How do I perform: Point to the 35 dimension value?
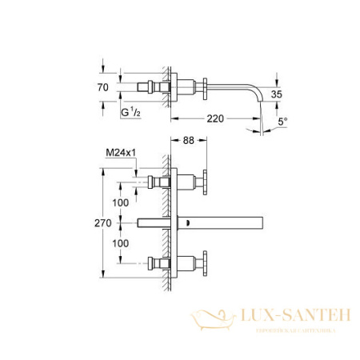tap(276, 94)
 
